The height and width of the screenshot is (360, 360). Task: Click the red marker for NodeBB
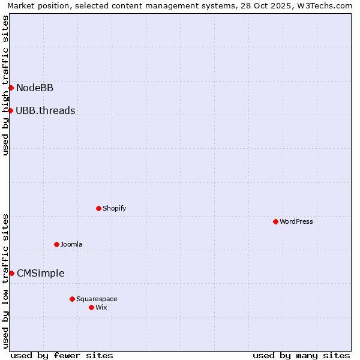(x=11, y=88)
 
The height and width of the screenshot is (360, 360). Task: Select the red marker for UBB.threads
(x=10, y=110)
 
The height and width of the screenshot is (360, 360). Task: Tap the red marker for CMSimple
(x=11, y=274)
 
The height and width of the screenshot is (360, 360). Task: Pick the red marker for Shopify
(x=98, y=209)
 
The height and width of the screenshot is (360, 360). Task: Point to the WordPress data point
(x=275, y=222)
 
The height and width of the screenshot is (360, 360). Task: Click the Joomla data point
(x=56, y=244)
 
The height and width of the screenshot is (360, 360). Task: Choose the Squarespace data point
(x=72, y=299)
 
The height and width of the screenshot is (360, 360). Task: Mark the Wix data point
(x=91, y=307)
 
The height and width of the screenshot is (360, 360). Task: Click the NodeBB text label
(x=35, y=88)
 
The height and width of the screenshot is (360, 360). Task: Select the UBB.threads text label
(x=46, y=110)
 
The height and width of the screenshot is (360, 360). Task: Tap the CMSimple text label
(x=40, y=274)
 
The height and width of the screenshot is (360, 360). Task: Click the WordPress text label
(x=296, y=222)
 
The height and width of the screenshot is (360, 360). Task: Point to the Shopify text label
(x=114, y=209)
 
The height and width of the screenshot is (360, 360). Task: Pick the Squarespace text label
(x=97, y=299)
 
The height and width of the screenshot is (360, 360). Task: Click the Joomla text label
(x=71, y=244)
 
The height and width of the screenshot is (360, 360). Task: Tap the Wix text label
(x=101, y=307)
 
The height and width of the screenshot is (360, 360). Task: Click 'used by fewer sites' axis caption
(x=62, y=355)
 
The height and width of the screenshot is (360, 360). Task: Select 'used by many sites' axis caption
(x=301, y=355)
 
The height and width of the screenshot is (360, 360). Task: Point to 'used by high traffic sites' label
(x=5, y=85)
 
